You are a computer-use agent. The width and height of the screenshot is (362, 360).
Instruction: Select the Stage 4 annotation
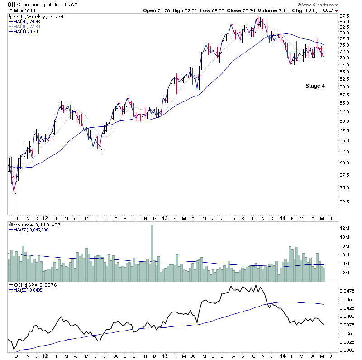[x=314, y=86]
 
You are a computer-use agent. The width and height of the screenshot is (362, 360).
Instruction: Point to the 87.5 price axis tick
[x=344, y=15]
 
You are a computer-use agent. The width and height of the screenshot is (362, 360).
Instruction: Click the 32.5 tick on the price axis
[x=344, y=202]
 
